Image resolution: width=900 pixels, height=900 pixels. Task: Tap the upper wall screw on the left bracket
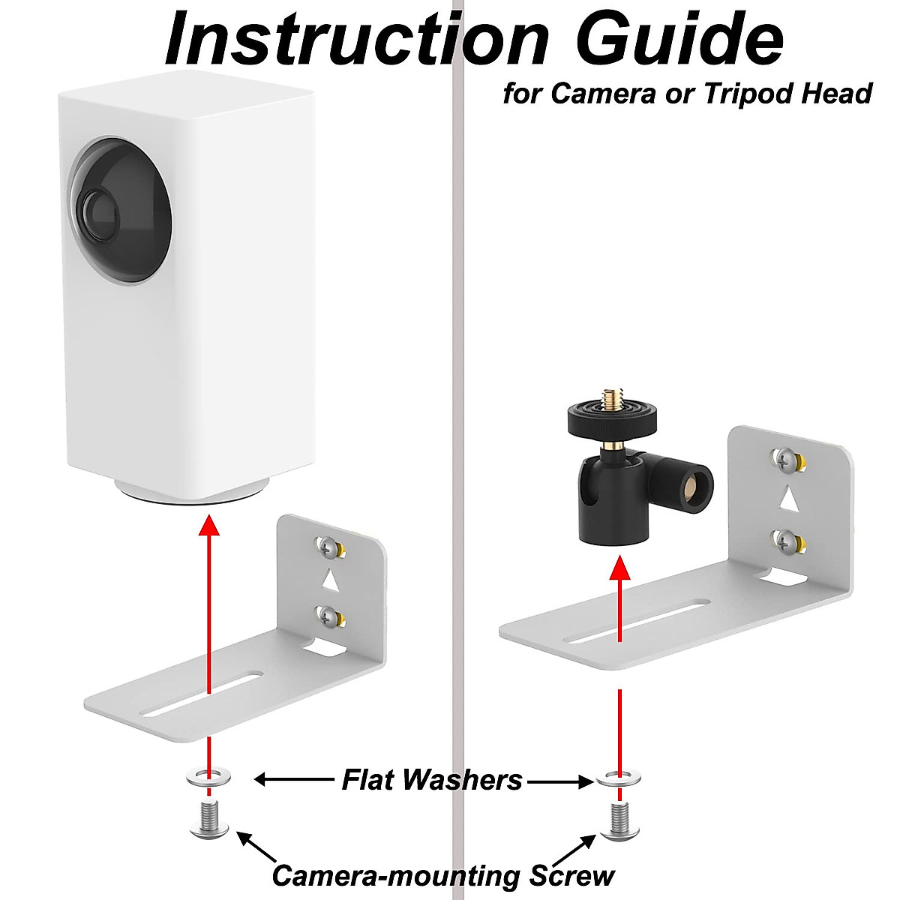point(328,547)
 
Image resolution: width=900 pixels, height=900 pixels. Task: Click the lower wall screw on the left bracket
point(328,616)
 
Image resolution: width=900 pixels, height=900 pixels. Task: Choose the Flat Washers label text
point(432,780)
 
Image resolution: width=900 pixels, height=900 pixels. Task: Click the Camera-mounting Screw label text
point(442,875)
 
